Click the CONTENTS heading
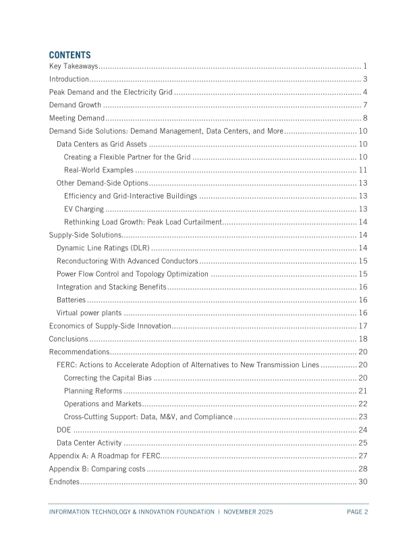[69, 55]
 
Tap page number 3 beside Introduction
[364, 80]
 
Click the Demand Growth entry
[75, 105]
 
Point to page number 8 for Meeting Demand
[364, 118]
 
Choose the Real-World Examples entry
[99, 169]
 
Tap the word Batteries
[71, 300]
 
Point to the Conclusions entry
[69, 339]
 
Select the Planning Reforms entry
[93, 391]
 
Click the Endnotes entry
[65, 482]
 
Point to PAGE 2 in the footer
[357, 512]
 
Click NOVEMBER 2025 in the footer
[248, 512]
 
